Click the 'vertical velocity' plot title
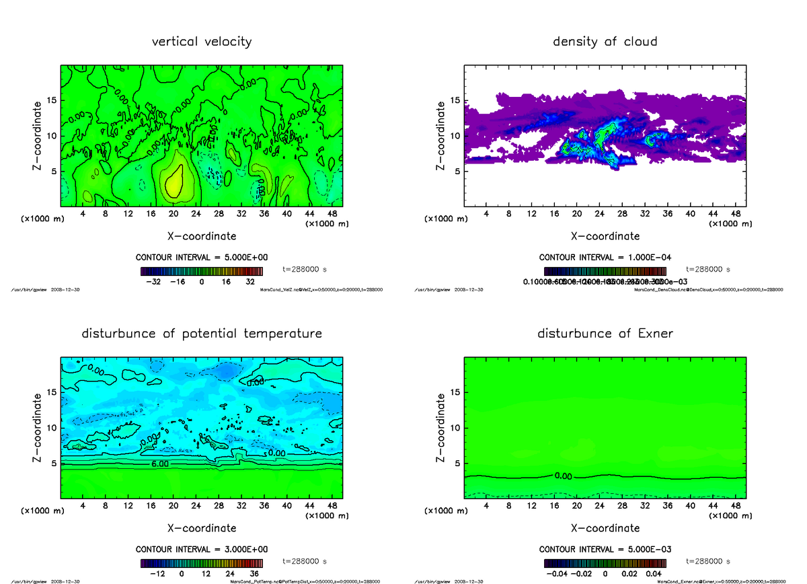202,42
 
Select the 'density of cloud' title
605,42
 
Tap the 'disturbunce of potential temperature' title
202,334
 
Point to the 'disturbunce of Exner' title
605,334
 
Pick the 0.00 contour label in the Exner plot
563,476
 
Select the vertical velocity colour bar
202,271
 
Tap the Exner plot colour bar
605,563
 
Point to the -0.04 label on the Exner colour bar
555,574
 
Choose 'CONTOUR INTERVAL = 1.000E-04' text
605,258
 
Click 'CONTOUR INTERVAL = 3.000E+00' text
202,550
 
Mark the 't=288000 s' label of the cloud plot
708,269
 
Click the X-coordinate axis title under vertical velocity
202,236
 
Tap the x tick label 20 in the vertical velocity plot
174,214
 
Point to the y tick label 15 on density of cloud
455,101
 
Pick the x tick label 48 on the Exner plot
735,506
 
